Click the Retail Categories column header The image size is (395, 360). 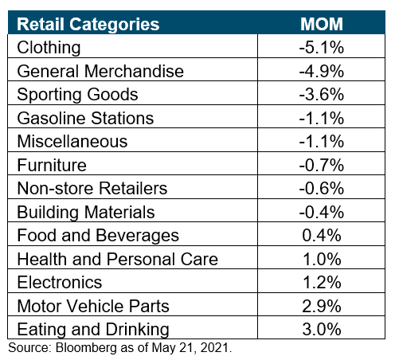tap(88, 25)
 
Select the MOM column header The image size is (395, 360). tap(322, 24)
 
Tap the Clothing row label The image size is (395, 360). tap(49, 48)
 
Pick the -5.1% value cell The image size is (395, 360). tap(322, 48)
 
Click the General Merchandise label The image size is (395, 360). tap(100, 71)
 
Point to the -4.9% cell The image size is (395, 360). tap(322, 71)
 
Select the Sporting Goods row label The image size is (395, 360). tap(77, 95)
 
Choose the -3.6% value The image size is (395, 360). tap(322, 95)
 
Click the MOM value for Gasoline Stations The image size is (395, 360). tap(322, 118)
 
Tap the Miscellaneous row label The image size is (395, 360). tap(72, 141)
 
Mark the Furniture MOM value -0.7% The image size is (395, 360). tap(322, 165)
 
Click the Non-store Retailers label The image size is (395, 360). tap(92, 188)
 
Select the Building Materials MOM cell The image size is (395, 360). tap(322, 212)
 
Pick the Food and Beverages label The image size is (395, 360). tap(98, 236)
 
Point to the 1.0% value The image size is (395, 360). tap(322, 259)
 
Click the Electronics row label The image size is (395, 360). tap(60, 282)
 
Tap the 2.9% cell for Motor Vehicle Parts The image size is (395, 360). tap(322, 306)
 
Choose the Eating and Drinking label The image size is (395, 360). tap(93, 330)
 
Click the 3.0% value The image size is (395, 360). tap(322, 329)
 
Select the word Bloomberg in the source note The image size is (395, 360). tap(86, 348)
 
